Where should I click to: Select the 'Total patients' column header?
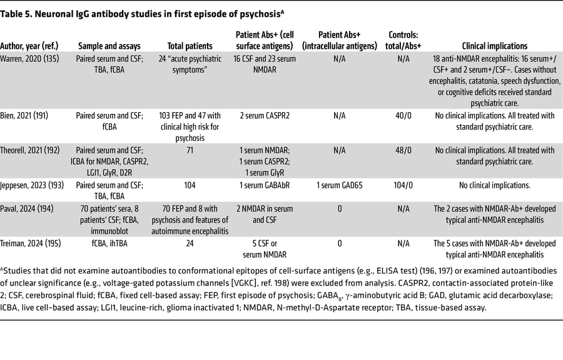pyautogui.click(x=190, y=46)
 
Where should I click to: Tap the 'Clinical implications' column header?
pyautogui.click(x=494, y=46)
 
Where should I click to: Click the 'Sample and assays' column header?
pyautogui.click(x=109, y=46)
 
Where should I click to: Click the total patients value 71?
pyautogui.click(x=190, y=150)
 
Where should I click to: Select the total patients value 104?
pyautogui.click(x=190, y=185)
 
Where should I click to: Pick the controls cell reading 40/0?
pyautogui.click(x=403, y=116)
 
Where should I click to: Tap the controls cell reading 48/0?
pyautogui.click(x=403, y=150)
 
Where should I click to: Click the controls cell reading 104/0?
pyautogui.click(x=403, y=185)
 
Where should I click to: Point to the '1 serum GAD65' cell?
pyautogui.click(x=340, y=185)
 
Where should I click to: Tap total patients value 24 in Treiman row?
pyautogui.click(x=190, y=244)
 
